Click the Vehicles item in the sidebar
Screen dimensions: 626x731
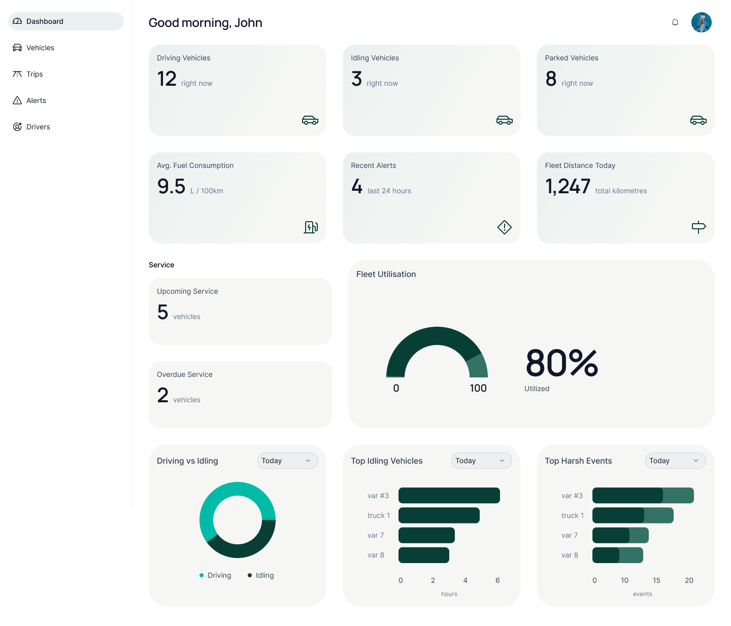pyautogui.click(x=40, y=48)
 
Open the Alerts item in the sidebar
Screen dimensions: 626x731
pyautogui.click(x=36, y=100)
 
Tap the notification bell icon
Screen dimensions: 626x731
pyautogui.click(x=675, y=22)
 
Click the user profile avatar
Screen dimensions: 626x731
pyautogui.click(x=701, y=22)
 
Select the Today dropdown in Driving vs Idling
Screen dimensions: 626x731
pyautogui.click(x=287, y=461)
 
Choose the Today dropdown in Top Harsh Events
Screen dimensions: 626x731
pyautogui.click(x=675, y=461)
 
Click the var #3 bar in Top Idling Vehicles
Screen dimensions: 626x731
pyautogui.click(x=449, y=496)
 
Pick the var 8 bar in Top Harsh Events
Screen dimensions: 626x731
pyautogui.click(x=617, y=555)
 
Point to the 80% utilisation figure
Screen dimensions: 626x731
pyautogui.click(x=562, y=363)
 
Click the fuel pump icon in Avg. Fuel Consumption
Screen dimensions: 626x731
pyautogui.click(x=311, y=227)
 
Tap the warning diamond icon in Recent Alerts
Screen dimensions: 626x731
pyautogui.click(x=504, y=227)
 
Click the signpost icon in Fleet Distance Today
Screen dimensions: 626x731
pyautogui.click(x=699, y=227)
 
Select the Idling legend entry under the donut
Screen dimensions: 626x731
pyautogui.click(x=261, y=575)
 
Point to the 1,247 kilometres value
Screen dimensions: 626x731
pyautogui.click(x=568, y=187)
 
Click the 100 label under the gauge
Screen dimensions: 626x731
pyautogui.click(x=478, y=388)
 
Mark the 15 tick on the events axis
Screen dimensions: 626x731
pyautogui.click(x=656, y=580)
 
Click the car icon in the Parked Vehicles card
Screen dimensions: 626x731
pyautogui.click(x=698, y=120)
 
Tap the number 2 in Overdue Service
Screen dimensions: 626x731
pyautogui.click(x=162, y=395)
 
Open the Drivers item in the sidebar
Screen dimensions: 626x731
pyautogui.click(x=38, y=127)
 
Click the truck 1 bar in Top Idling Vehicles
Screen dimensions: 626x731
pyautogui.click(x=439, y=515)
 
